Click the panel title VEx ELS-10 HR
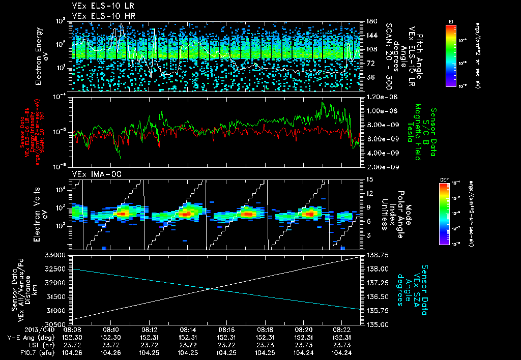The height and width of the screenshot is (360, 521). (x=99, y=16)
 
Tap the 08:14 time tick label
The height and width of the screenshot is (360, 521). (x=188, y=329)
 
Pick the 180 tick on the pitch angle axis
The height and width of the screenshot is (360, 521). (x=371, y=21)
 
